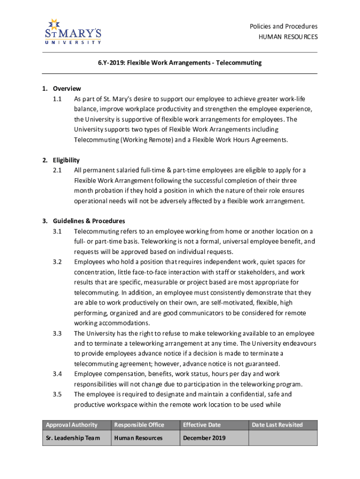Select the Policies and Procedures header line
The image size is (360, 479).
point(283,26)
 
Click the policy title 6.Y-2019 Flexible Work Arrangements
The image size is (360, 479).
point(180,63)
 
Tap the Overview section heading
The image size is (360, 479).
point(67,88)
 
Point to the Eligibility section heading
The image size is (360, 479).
point(66,160)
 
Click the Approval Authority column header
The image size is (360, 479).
point(72,425)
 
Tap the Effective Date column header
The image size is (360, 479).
point(202,425)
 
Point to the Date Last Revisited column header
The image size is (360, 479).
point(277,425)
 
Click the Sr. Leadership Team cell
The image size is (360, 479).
point(73,438)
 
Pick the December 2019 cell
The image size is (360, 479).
point(204,438)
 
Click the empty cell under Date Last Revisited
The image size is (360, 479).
point(283,438)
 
